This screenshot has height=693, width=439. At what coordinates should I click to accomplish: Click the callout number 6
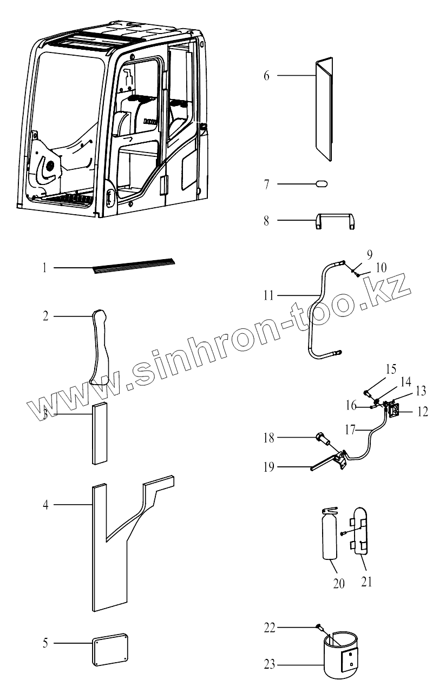click(x=266, y=75)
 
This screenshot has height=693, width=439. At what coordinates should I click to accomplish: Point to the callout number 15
click(x=391, y=371)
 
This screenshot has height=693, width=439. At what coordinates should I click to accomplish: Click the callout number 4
click(x=46, y=505)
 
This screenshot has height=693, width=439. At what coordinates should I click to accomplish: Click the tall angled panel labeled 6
click(x=324, y=108)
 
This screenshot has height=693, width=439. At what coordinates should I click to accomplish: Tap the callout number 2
click(x=46, y=315)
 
